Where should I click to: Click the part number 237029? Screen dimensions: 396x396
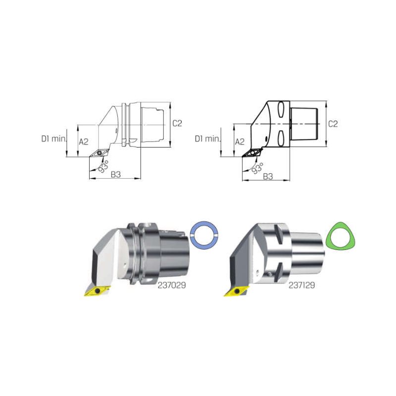tap(172, 285)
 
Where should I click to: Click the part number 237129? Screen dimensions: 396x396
tap(301, 285)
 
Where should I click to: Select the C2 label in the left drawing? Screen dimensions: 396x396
tap(177, 123)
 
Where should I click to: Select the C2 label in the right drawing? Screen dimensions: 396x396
tap(333, 124)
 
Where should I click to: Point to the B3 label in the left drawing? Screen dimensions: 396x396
tap(116, 174)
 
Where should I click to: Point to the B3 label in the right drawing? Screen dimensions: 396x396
tap(268, 176)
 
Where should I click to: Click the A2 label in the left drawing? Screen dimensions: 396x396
tap(84, 142)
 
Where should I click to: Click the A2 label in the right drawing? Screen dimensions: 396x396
tap(240, 142)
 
